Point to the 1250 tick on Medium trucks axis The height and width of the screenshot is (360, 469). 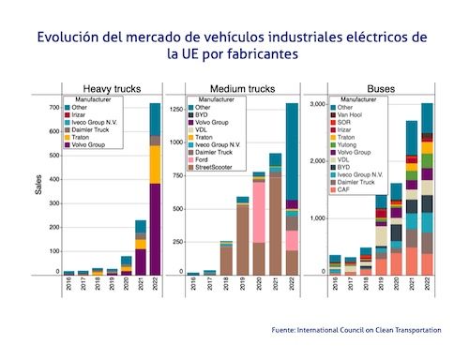click(176, 110)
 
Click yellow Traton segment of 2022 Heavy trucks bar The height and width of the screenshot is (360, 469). click(154, 164)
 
